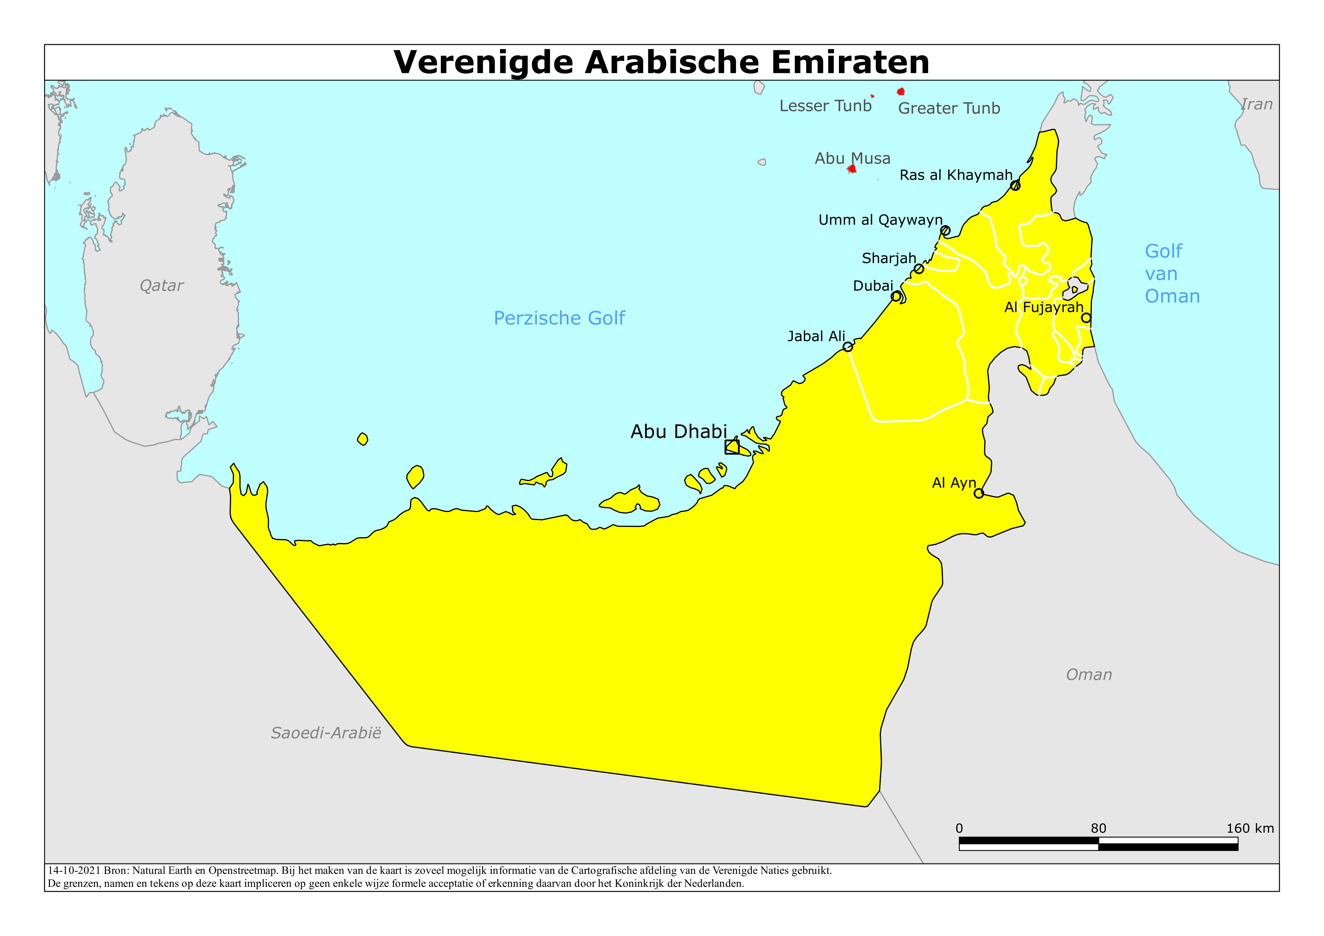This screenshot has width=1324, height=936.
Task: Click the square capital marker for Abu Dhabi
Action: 732,447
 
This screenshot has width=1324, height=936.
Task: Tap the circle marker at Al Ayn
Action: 979,493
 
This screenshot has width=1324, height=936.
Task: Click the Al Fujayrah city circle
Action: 1086,318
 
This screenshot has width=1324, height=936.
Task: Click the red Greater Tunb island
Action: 901,92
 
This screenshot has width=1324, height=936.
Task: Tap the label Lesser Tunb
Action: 825,106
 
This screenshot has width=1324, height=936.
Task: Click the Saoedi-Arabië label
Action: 326,733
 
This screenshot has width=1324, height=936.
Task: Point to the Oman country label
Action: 1089,675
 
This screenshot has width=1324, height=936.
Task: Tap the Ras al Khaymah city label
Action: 956,175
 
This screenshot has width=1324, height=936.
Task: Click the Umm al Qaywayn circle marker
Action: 945,231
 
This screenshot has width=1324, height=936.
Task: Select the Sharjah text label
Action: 889,258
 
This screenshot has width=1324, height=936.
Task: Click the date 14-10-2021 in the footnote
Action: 74,871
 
